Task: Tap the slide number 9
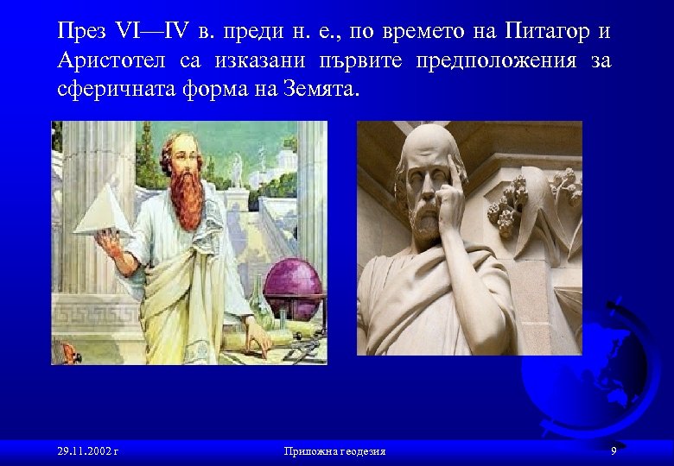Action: tap(613, 450)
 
